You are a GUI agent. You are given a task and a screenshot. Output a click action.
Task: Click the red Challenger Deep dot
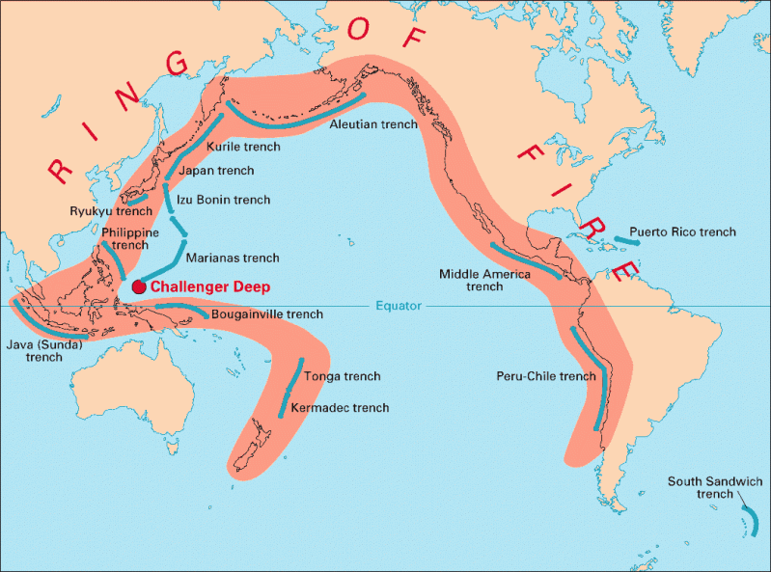pyautogui.click(x=139, y=286)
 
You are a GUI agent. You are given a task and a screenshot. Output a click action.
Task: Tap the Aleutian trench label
pyautogui.click(x=373, y=124)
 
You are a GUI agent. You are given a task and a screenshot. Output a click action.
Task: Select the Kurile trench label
pyautogui.click(x=244, y=147)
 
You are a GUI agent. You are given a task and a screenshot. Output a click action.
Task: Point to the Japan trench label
pyautogui.click(x=218, y=171)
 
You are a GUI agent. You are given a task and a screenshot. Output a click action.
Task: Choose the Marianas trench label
pyautogui.click(x=233, y=259)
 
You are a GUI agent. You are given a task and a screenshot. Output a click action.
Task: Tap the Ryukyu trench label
pyautogui.click(x=111, y=210)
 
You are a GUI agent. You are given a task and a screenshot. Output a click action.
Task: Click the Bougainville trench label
pyautogui.click(x=266, y=314)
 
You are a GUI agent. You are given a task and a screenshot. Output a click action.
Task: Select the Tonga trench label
pyautogui.click(x=343, y=376)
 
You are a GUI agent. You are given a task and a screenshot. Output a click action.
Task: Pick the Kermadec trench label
pyautogui.click(x=340, y=408)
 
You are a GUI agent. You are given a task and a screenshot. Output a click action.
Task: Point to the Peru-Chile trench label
pyautogui.click(x=546, y=375)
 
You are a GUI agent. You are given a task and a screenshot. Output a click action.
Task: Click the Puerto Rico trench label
pyautogui.click(x=682, y=232)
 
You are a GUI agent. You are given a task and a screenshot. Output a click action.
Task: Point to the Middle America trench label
pyautogui.click(x=484, y=280)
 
